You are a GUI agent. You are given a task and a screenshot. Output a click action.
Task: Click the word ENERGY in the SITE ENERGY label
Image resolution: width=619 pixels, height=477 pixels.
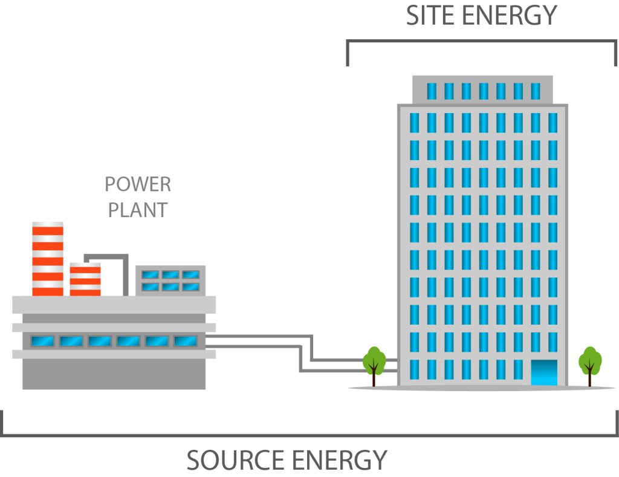pyautogui.click(x=509, y=15)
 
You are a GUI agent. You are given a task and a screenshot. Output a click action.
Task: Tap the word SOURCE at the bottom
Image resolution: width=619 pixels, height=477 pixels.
pyautogui.click(x=236, y=460)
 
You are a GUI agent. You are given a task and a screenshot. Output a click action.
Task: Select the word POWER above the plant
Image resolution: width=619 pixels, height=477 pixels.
pyautogui.click(x=138, y=184)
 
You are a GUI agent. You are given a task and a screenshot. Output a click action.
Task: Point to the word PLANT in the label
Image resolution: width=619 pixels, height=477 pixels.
pyautogui.click(x=138, y=210)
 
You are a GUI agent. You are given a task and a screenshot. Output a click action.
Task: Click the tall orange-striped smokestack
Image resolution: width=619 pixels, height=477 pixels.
pyautogui.click(x=48, y=259)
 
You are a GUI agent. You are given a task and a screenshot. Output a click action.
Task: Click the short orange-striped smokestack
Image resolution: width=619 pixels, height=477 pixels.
pyautogui.click(x=85, y=279)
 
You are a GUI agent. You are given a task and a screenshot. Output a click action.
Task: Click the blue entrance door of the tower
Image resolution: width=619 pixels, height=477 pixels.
pyautogui.click(x=544, y=372)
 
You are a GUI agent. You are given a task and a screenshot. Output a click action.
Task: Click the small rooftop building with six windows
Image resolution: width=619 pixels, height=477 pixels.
pyautogui.click(x=170, y=281)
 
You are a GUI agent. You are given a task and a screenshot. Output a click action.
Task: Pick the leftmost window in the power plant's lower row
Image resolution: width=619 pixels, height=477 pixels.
pyautogui.click(x=43, y=341)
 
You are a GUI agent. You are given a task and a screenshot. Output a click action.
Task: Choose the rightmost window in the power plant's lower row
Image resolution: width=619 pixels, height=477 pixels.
pyautogui.click(x=186, y=341)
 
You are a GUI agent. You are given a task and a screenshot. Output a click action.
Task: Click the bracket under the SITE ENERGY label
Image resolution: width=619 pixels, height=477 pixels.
pyautogui.click(x=482, y=41)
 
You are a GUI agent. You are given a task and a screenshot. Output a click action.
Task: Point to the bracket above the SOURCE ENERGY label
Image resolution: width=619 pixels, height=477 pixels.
pyautogui.click(x=309, y=435)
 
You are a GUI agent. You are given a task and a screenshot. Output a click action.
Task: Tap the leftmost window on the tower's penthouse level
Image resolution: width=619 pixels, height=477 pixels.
pyautogui.click(x=432, y=91)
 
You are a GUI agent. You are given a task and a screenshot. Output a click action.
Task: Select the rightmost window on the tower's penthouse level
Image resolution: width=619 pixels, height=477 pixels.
pyautogui.click(x=536, y=91)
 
